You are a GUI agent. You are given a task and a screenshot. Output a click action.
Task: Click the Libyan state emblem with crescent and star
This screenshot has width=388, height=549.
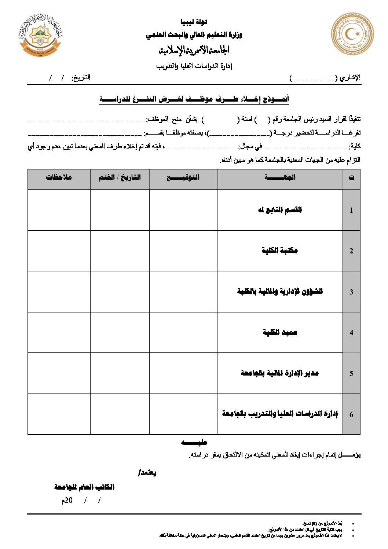click(x=352, y=34)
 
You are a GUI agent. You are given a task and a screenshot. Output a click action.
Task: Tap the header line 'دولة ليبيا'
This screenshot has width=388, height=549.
click(x=194, y=22)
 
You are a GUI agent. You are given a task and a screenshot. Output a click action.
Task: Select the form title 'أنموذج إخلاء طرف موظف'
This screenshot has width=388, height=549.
click(x=194, y=99)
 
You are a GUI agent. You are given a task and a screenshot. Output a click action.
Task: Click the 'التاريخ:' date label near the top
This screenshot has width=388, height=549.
click(x=81, y=78)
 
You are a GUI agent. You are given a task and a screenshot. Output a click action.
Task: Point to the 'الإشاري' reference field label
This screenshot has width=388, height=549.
click(x=350, y=78)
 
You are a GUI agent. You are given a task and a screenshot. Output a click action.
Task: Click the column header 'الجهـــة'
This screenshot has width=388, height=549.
click(x=280, y=177)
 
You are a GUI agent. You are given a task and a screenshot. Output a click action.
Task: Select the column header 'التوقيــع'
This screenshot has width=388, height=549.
click(x=183, y=177)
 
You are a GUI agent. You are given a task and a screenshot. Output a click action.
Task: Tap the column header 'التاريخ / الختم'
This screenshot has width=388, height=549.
click(x=120, y=177)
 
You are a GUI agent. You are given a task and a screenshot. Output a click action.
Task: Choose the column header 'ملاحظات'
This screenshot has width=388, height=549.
click(x=59, y=177)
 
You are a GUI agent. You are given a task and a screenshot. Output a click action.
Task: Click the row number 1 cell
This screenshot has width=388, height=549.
click(x=351, y=210)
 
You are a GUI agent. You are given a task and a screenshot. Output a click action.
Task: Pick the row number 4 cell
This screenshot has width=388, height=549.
click(x=351, y=333)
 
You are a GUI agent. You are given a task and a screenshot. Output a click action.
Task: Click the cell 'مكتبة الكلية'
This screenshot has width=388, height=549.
click(x=280, y=251)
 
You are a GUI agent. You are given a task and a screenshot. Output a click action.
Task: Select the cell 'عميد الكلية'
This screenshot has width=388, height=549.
click(x=280, y=333)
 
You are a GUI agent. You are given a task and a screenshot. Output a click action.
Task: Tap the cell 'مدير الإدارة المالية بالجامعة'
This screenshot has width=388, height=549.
click(x=280, y=373)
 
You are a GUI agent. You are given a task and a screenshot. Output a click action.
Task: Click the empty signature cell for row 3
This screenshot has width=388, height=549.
click(x=183, y=292)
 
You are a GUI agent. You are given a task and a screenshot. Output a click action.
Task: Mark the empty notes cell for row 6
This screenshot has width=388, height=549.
click(x=59, y=414)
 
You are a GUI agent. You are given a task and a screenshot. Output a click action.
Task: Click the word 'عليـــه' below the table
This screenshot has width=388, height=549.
click(x=194, y=443)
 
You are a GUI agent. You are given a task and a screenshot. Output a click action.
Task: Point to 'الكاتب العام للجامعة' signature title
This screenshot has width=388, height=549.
click(x=84, y=487)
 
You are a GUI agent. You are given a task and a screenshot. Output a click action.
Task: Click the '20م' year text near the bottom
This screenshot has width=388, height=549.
click(x=67, y=501)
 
